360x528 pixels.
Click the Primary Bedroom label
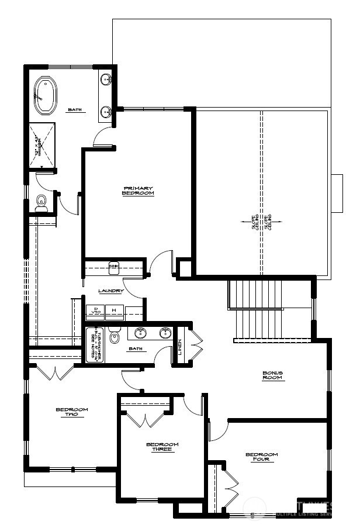(x=138, y=191)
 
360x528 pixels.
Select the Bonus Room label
(x=272, y=375)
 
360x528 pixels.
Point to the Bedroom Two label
(x=71, y=412)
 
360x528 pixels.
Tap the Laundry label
(x=111, y=291)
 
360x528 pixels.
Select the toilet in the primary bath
(x=41, y=203)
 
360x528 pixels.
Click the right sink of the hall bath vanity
(x=166, y=333)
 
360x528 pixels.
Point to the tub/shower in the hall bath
(x=95, y=344)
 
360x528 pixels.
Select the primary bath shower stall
(x=42, y=144)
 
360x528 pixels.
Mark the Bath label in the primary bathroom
(x=74, y=109)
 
